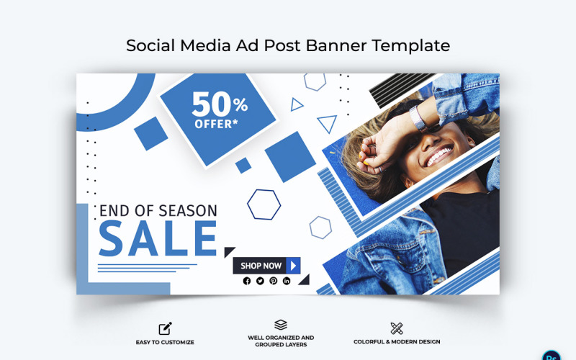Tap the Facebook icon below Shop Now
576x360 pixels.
pos(247,281)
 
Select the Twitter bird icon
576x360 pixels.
pos(260,281)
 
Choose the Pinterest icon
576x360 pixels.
pos(273,281)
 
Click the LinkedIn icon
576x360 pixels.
pos(287,281)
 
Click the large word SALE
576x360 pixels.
pos(157,239)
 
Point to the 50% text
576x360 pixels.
pos(219,105)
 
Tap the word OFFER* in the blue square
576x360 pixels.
pos(216,124)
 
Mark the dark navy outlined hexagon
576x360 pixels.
pos(264,204)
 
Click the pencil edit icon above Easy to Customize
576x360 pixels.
pos(165,328)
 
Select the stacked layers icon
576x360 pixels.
pos(281,325)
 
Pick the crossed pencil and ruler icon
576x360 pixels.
pos(397,328)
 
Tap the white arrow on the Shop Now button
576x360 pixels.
pos(293,266)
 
